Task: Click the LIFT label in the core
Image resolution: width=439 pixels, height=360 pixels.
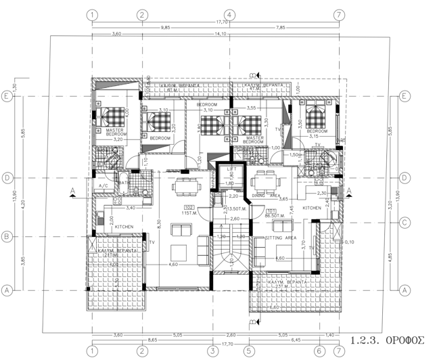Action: coord(231,169)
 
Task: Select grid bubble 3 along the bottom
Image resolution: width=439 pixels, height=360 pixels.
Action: coord(212,351)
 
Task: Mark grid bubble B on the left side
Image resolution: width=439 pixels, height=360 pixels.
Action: coord(7,236)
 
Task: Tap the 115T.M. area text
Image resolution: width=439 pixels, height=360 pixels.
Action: coord(189,213)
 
